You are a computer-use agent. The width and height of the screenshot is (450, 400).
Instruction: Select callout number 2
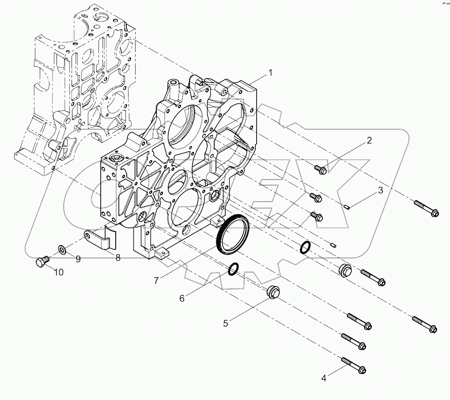click(369, 141)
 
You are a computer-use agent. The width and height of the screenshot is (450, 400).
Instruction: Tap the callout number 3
click(379, 191)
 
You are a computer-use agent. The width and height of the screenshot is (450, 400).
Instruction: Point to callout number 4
click(325, 378)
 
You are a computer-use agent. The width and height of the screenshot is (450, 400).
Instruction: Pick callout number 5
click(226, 323)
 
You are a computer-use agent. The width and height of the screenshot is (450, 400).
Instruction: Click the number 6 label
click(182, 298)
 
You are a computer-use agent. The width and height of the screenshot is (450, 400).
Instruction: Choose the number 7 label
click(156, 280)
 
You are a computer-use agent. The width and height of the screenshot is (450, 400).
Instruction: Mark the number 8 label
click(118, 258)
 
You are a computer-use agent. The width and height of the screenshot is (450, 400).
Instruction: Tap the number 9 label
click(78, 259)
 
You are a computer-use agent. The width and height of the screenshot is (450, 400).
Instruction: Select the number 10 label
click(59, 272)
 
